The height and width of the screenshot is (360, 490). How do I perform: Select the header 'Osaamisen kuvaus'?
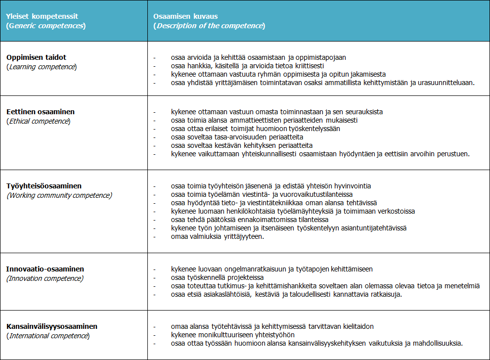[185, 16]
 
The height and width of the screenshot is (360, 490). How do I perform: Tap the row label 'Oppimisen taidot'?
[36, 57]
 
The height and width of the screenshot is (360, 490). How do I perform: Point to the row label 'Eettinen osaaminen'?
[41, 112]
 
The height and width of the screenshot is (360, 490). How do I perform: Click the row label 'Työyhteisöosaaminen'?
[44, 186]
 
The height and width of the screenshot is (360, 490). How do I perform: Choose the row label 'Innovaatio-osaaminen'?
[45, 270]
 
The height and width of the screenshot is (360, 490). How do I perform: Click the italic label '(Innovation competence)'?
[45, 278]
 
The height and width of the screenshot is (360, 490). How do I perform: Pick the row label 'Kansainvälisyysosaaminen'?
[52, 327]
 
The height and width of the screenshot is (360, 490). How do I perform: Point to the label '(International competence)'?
[48, 336]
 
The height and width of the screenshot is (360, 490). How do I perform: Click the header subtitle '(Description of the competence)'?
[209, 26]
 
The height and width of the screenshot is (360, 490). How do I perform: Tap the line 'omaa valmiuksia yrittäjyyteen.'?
[217, 236]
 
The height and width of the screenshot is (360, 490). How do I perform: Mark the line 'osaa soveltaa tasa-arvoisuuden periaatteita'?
[237, 137]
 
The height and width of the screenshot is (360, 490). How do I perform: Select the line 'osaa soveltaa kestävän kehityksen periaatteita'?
[241, 145]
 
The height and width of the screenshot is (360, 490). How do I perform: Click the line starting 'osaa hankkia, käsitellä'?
[247, 66]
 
